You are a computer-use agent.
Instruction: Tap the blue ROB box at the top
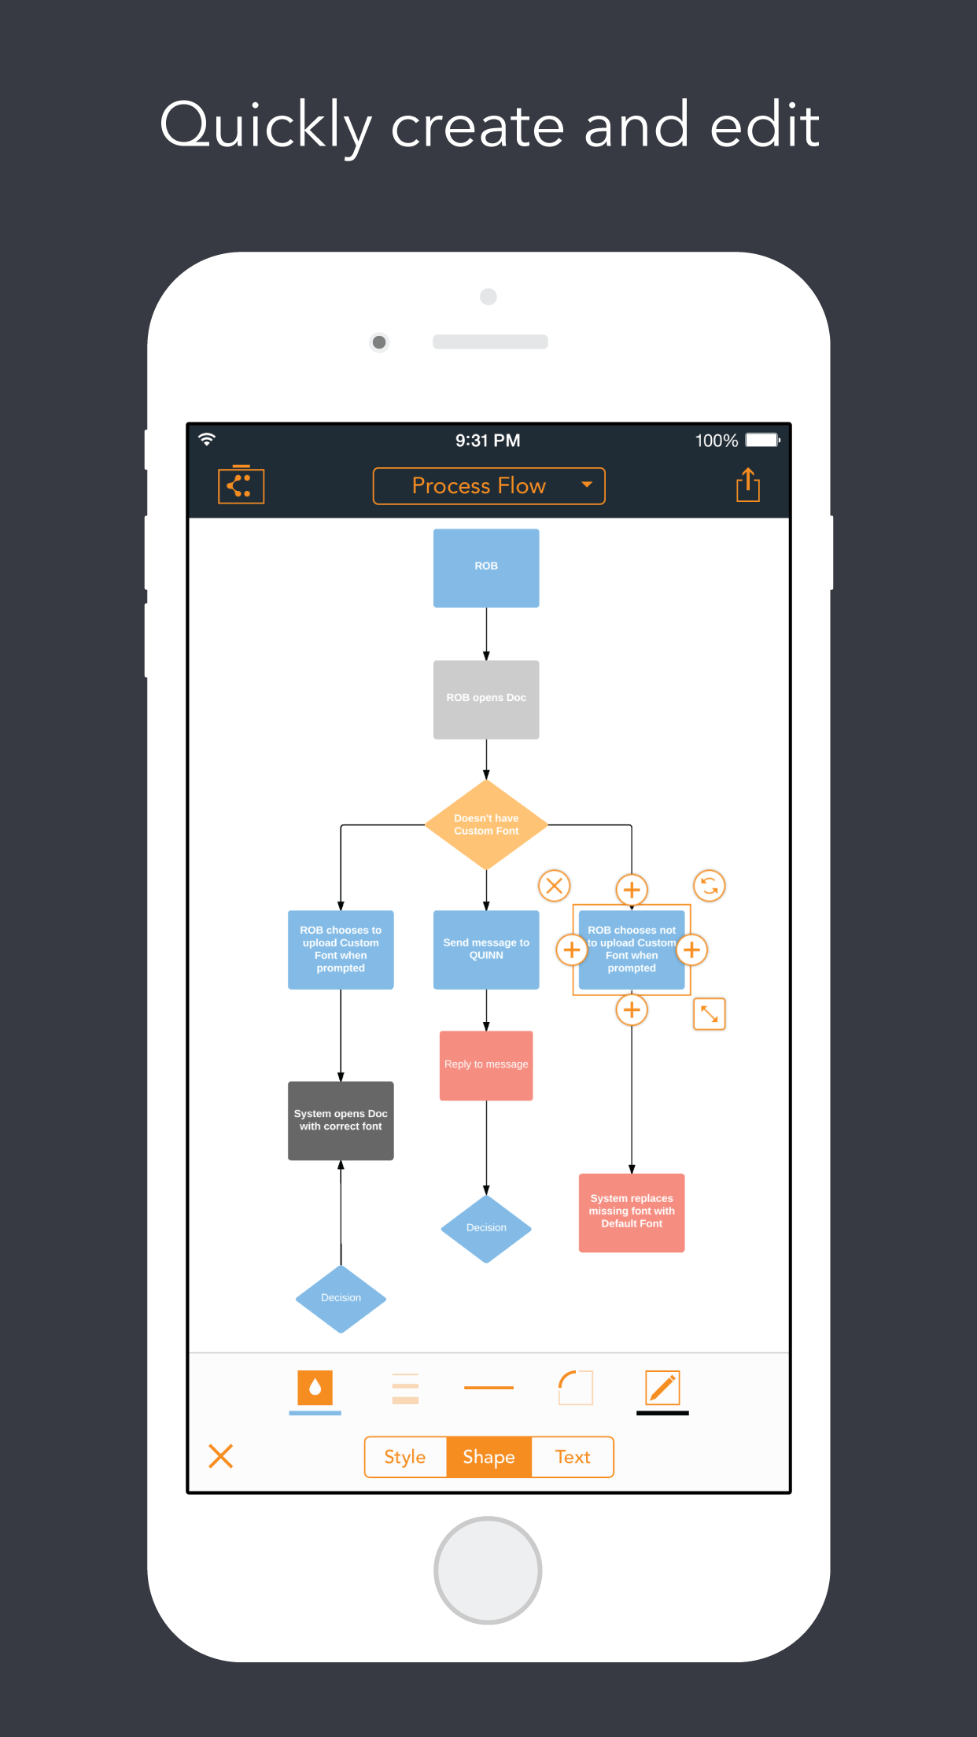pos(486,567)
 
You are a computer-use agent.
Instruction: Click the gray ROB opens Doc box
pos(486,699)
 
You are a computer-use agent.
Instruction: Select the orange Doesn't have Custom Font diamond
pos(486,824)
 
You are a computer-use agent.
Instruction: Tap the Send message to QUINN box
pos(486,949)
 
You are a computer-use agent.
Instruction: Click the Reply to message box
pos(486,1064)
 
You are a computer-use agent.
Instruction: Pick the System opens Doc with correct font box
pos(341,1120)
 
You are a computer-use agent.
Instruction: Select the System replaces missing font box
pos(632,1211)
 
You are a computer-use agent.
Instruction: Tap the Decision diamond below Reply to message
pos(486,1228)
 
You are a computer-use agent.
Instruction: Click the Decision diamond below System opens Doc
pos(341,1298)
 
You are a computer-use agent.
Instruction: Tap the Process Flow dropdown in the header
pos(489,486)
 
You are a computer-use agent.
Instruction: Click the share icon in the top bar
pos(747,485)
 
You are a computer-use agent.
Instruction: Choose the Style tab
pos(405,1457)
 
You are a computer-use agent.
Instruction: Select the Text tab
pos(572,1457)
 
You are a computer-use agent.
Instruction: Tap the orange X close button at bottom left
pos(221,1456)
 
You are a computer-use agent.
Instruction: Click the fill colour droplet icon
pos(315,1388)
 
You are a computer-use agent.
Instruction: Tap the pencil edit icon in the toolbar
pos(662,1388)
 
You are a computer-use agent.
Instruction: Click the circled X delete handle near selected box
pos(554,886)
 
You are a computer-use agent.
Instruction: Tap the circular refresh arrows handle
pos(709,886)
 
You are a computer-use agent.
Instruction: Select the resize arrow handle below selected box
pos(709,1014)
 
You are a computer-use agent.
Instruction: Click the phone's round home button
pos(488,1570)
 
